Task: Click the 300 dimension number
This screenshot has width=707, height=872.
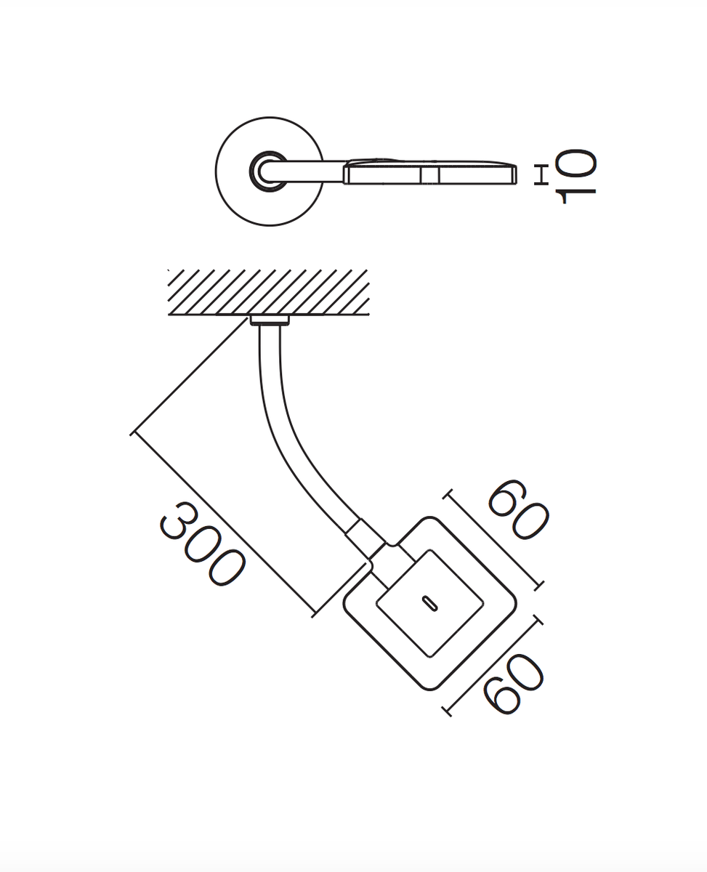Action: coord(203,544)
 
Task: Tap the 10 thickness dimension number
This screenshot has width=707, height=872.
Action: coord(575,176)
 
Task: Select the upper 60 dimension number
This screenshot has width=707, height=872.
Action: coord(518,509)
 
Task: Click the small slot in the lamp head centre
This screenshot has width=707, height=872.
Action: coord(429,603)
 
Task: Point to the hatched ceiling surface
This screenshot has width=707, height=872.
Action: coord(269,292)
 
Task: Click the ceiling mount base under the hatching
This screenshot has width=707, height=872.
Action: coord(270,320)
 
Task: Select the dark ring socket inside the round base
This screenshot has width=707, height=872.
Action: coord(268,171)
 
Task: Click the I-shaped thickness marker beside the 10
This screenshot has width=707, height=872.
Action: coord(541,175)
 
